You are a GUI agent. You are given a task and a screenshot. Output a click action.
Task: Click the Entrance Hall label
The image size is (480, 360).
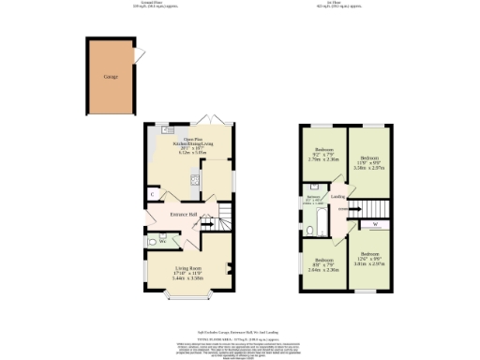point(183,215)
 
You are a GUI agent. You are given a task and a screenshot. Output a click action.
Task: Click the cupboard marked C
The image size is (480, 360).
point(151,194)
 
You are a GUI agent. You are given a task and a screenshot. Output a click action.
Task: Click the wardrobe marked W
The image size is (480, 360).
point(375,224)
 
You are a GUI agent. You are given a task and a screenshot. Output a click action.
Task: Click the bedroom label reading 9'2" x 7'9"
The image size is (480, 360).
point(323,154)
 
